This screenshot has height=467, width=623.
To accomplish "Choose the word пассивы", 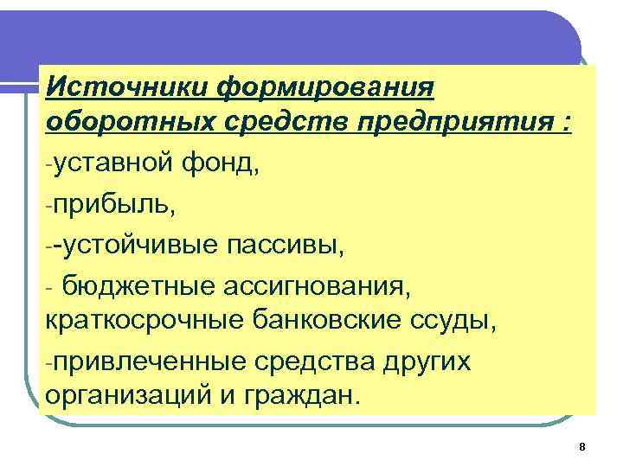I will pos(290,246).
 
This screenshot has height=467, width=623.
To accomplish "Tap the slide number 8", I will pos(581,446).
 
